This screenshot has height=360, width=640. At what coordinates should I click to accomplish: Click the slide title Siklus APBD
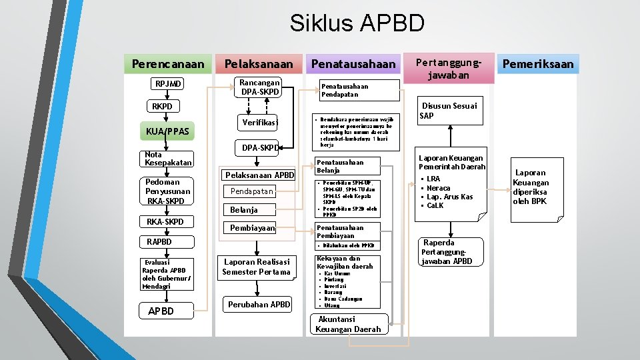357,24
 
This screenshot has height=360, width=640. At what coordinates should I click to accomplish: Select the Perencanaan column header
168,64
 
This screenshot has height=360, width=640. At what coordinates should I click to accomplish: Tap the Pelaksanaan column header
259,64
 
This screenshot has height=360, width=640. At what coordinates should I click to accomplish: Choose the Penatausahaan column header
353,64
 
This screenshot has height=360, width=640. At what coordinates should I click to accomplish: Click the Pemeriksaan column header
537,64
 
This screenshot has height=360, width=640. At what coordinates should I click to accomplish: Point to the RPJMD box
169,84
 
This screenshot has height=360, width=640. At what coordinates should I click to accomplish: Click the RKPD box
162,107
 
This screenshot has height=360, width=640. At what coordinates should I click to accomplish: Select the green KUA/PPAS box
167,132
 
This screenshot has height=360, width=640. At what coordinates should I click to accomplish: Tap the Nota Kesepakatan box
168,159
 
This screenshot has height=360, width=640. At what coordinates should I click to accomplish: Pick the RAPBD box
160,241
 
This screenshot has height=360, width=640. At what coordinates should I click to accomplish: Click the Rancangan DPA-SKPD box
260,87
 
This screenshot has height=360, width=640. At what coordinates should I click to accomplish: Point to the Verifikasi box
260,123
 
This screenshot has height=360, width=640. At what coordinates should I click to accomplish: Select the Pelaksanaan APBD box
259,175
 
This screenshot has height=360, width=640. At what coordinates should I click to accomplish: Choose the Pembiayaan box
252,228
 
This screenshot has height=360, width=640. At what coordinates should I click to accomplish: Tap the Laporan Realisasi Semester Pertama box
257,267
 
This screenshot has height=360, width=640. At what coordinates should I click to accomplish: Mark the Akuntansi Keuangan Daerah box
349,324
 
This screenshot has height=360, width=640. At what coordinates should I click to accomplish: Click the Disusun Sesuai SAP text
448,111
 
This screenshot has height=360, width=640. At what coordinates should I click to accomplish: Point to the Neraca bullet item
438,188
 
